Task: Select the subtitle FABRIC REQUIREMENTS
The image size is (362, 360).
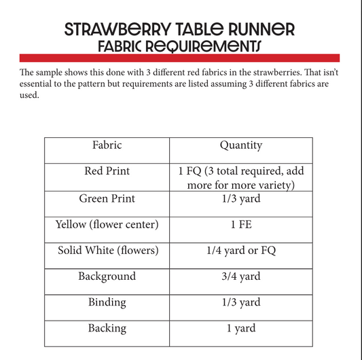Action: click(179, 46)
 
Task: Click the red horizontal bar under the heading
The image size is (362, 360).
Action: click(180, 58)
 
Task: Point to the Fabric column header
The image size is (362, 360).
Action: click(107, 145)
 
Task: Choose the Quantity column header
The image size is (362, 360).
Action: click(240, 145)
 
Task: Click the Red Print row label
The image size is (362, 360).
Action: click(107, 171)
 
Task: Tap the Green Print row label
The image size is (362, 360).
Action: click(107, 198)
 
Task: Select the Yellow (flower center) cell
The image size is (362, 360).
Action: click(107, 224)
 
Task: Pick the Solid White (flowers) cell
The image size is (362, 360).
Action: click(107, 251)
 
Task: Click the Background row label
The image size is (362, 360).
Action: click(107, 276)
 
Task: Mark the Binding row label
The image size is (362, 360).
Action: click(107, 302)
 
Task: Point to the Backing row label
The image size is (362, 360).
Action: click(107, 328)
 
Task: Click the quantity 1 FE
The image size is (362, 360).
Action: click(240, 225)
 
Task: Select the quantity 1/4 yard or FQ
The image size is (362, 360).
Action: click(240, 251)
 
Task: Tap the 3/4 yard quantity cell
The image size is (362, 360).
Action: click(240, 276)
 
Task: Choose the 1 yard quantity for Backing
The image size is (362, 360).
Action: click(240, 329)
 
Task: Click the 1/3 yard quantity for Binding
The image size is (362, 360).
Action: click(240, 302)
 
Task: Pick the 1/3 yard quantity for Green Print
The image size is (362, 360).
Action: click(240, 198)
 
